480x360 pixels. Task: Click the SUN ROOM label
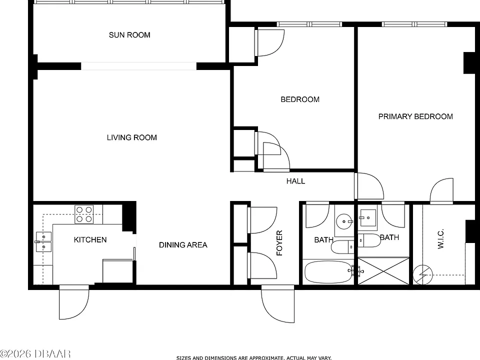point(129,35)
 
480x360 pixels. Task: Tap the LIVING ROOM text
point(132,137)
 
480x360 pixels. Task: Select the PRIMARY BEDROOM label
point(415,116)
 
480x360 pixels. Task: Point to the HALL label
point(295,181)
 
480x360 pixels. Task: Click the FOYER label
point(279,243)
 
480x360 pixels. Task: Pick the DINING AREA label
point(183,245)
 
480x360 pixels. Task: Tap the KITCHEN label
point(90,239)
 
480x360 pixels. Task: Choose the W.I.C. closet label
point(440,239)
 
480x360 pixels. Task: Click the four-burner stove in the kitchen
point(84,214)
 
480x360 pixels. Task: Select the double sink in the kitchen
point(43,242)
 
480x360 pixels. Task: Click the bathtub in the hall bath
point(328,271)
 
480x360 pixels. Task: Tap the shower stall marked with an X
point(383,271)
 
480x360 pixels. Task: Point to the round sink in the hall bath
point(344,221)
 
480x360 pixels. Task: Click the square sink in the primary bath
point(367,217)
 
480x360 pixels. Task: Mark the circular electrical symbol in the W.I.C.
point(423,274)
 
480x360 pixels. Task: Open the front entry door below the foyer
point(277,303)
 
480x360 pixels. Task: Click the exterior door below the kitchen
point(74,302)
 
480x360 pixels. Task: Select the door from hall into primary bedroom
point(369,186)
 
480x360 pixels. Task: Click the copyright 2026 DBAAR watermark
point(35,354)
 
